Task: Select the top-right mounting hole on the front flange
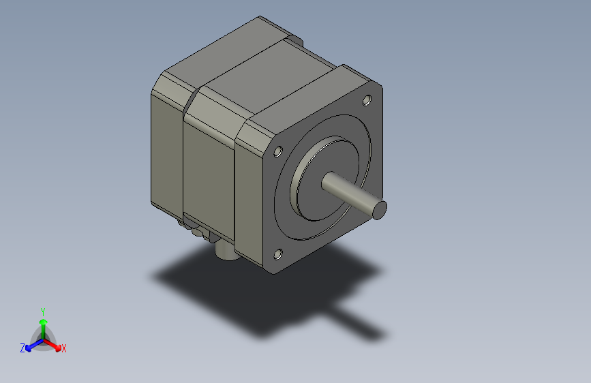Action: tap(367, 100)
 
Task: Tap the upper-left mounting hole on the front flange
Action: tap(278, 151)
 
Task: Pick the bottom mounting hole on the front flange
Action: tap(277, 255)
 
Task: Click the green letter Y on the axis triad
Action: tap(42, 310)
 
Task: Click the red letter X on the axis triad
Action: tap(64, 349)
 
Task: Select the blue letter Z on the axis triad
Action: tap(22, 348)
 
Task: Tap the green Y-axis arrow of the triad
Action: tap(42, 324)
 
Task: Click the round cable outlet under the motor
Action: tap(224, 251)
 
